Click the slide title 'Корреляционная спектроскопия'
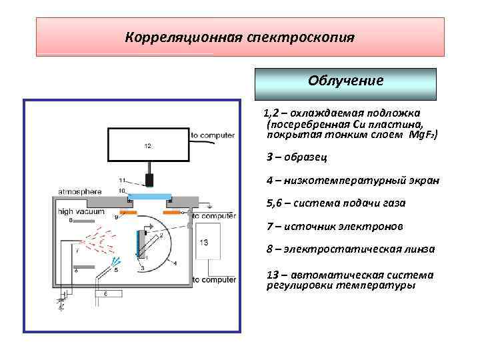[239, 37]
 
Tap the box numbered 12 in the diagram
[148, 145]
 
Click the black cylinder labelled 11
[150, 179]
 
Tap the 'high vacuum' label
[81, 211]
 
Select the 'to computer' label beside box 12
[213, 135]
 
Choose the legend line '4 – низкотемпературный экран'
[352, 181]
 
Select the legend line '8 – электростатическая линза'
[350, 249]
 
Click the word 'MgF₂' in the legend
[421, 134]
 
